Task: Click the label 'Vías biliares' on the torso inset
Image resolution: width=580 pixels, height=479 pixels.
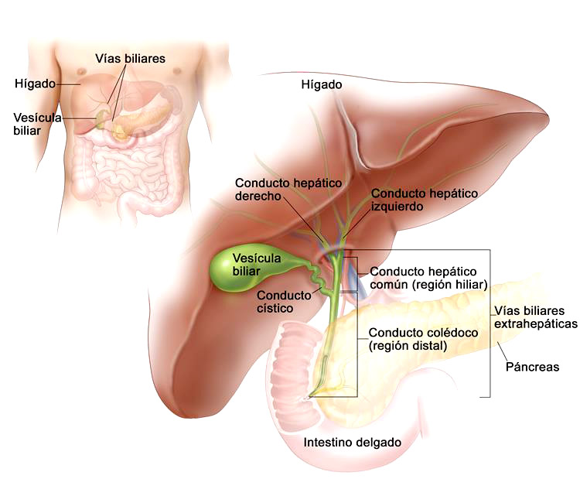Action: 130,59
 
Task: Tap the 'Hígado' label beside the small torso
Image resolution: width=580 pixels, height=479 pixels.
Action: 35,84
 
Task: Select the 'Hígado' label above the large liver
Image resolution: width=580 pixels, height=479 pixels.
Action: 322,85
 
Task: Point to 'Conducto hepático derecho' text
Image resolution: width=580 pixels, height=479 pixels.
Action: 288,189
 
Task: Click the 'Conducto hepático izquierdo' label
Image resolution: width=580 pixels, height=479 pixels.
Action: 425,200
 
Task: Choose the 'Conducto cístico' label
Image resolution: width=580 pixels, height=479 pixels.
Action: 284,302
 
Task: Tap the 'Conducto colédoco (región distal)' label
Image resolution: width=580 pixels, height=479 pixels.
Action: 423,339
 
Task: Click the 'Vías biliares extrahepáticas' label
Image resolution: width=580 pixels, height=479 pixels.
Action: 536,317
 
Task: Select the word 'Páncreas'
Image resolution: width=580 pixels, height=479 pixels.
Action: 532,367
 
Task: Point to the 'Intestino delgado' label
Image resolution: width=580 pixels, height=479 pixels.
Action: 352,443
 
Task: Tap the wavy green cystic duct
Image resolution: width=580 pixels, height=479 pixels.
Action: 317,279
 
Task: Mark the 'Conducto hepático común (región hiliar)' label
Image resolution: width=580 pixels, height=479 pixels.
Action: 428,278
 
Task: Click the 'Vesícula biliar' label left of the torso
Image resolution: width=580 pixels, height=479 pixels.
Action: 37,124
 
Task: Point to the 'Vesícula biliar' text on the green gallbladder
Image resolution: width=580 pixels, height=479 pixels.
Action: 256,265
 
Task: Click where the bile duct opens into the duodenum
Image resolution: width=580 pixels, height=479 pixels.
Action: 308,397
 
